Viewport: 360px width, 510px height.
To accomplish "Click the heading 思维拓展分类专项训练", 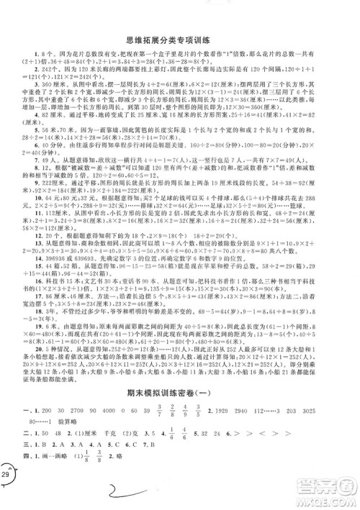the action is [x=181, y=22].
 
